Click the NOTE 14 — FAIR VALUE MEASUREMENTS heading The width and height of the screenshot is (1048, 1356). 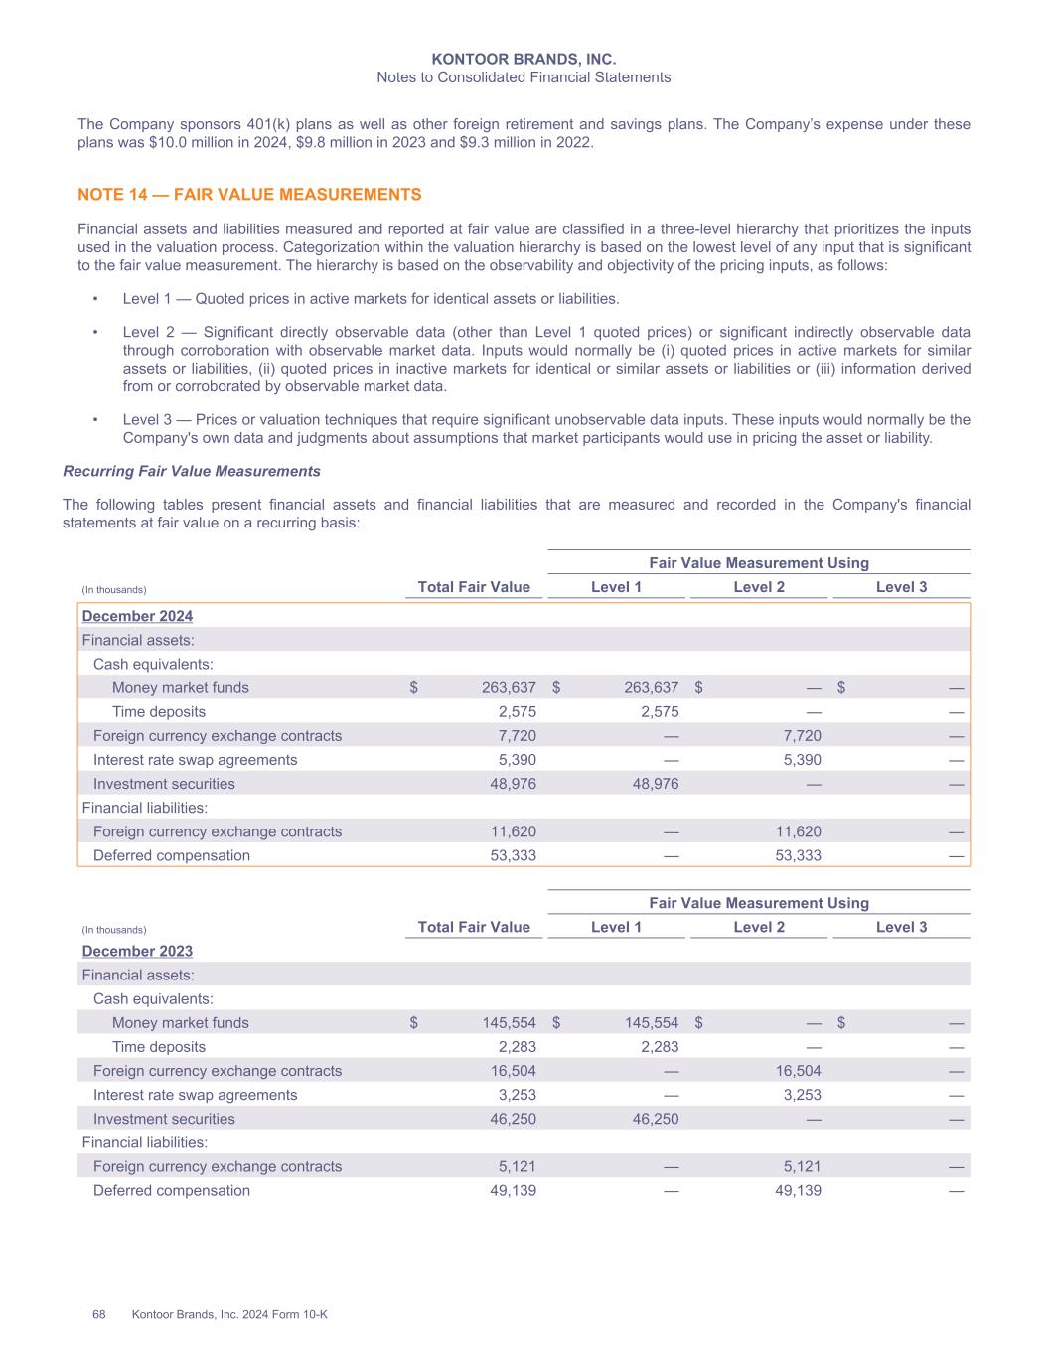click(249, 195)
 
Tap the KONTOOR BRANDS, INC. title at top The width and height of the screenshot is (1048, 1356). click(524, 60)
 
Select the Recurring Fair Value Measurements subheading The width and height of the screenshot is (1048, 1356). click(192, 471)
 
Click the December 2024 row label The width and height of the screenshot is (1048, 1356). click(137, 616)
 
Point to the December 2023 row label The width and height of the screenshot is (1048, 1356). click(137, 951)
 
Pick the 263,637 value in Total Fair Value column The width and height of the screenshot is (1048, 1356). click(509, 687)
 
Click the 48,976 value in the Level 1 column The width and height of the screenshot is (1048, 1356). click(651, 784)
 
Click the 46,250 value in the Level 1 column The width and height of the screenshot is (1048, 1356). click(651, 1119)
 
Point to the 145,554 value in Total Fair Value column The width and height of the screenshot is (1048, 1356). click(509, 1022)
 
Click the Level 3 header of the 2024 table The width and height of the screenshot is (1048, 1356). click(901, 587)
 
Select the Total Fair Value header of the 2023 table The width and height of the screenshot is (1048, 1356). click(474, 927)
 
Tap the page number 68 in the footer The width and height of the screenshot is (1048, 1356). click(99, 1314)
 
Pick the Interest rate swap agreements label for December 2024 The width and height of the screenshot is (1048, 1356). click(195, 760)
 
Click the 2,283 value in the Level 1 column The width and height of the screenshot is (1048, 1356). click(659, 1046)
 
